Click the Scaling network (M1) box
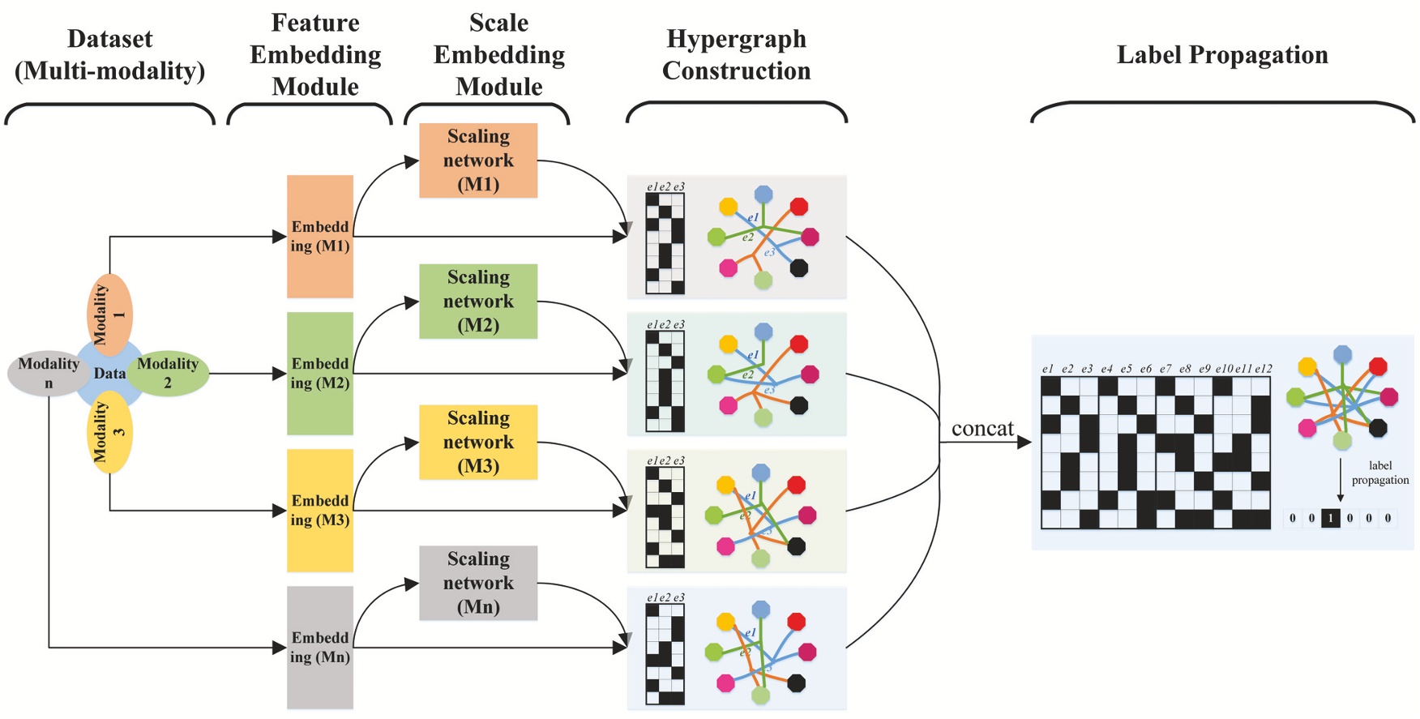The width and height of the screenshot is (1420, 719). click(x=478, y=160)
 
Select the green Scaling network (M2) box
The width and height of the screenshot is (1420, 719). click(x=478, y=302)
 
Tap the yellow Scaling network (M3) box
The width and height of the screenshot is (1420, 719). click(x=478, y=443)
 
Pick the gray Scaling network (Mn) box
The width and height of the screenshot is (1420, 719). click(x=478, y=583)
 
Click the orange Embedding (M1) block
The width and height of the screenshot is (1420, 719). click(x=320, y=237)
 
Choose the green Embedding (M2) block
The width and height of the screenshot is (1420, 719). click(x=320, y=374)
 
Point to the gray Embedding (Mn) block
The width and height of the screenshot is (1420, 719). click(x=320, y=648)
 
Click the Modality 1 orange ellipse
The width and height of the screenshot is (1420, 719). click(x=109, y=315)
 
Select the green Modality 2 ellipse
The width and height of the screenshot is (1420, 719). click(x=169, y=374)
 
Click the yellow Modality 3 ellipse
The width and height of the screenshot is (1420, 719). click(x=109, y=432)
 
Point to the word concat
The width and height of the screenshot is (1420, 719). click(x=982, y=429)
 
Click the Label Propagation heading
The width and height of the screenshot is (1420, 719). click(x=1222, y=55)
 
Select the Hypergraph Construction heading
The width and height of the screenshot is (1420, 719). click(x=736, y=55)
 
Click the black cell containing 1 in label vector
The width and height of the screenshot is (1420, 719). click(x=1330, y=518)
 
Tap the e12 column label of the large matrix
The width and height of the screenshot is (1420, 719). click(x=1263, y=369)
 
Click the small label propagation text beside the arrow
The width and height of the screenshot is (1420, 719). click(x=1379, y=473)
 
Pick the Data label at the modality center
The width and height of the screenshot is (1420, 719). click(x=109, y=374)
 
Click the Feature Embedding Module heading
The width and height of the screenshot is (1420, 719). click(x=315, y=55)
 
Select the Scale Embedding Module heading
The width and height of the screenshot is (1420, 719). click(x=498, y=55)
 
